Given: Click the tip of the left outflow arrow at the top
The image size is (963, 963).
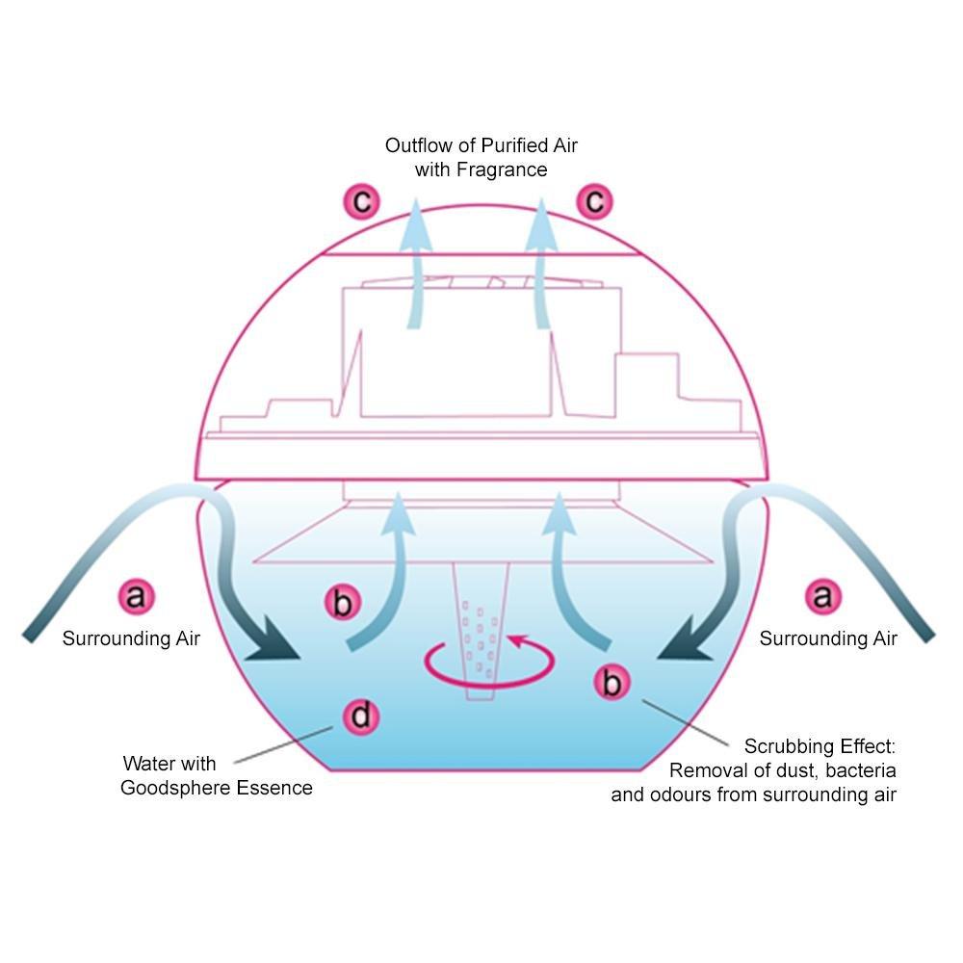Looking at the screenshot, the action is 416,198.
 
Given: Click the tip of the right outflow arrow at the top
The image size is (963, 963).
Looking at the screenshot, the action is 541,198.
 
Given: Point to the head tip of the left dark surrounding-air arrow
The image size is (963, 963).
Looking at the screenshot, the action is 299,659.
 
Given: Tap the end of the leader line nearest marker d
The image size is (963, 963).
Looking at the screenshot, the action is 332,728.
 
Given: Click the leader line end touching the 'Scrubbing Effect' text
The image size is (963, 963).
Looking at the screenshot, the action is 729,745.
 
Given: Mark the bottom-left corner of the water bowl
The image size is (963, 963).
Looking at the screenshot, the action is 329,769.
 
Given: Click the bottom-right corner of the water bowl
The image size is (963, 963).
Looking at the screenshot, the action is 640,769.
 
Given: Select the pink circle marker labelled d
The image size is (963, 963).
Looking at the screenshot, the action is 361,716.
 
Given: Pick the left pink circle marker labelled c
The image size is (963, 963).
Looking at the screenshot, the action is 362,201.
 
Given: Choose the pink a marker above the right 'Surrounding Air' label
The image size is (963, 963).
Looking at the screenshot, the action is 823,596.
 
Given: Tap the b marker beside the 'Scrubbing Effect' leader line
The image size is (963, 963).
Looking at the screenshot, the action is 612,682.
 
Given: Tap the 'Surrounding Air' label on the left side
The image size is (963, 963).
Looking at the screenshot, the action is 131,638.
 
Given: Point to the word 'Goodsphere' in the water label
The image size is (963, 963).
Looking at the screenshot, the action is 175,788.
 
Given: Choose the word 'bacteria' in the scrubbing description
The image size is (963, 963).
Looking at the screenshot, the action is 860,770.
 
